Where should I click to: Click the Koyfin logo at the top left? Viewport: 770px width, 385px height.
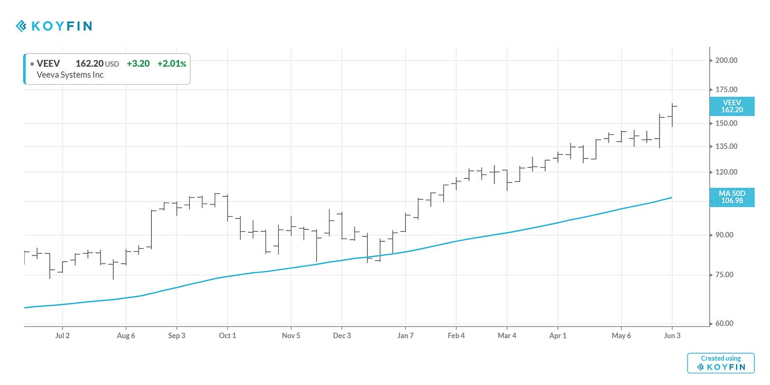tap(53, 26)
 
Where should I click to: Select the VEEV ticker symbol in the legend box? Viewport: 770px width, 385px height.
tap(48, 63)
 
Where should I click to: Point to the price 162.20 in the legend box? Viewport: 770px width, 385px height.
tap(89, 63)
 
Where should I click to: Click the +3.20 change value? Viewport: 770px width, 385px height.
tap(138, 63)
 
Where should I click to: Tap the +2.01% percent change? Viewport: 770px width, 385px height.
tap(171, 63)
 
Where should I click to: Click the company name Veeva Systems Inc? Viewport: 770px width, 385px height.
tap(70, 75)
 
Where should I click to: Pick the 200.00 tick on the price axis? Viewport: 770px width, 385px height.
tap(727, 60)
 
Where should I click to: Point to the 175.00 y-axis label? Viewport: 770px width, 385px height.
tap(727, 90)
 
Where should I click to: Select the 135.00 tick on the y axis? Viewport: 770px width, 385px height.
tap(727, 146)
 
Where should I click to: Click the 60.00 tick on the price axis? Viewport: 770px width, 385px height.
tap(727, 323)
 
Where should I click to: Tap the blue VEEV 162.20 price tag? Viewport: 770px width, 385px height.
tap(732, 106)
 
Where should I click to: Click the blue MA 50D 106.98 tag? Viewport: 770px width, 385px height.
tap(732, 197)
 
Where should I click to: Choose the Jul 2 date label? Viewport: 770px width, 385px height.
tap(62, 335)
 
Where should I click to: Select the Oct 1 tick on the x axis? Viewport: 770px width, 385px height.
tap(227, 335)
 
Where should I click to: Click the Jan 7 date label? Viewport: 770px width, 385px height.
tap(405, 335)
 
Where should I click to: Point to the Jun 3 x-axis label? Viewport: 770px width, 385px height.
tap(672, 335)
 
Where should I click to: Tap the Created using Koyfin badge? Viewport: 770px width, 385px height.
tap(720, 363)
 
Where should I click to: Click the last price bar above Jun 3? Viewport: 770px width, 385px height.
tap(672, 114)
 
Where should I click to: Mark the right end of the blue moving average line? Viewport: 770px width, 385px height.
tap(672, 197)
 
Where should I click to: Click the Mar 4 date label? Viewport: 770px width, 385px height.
tap(507, 335)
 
